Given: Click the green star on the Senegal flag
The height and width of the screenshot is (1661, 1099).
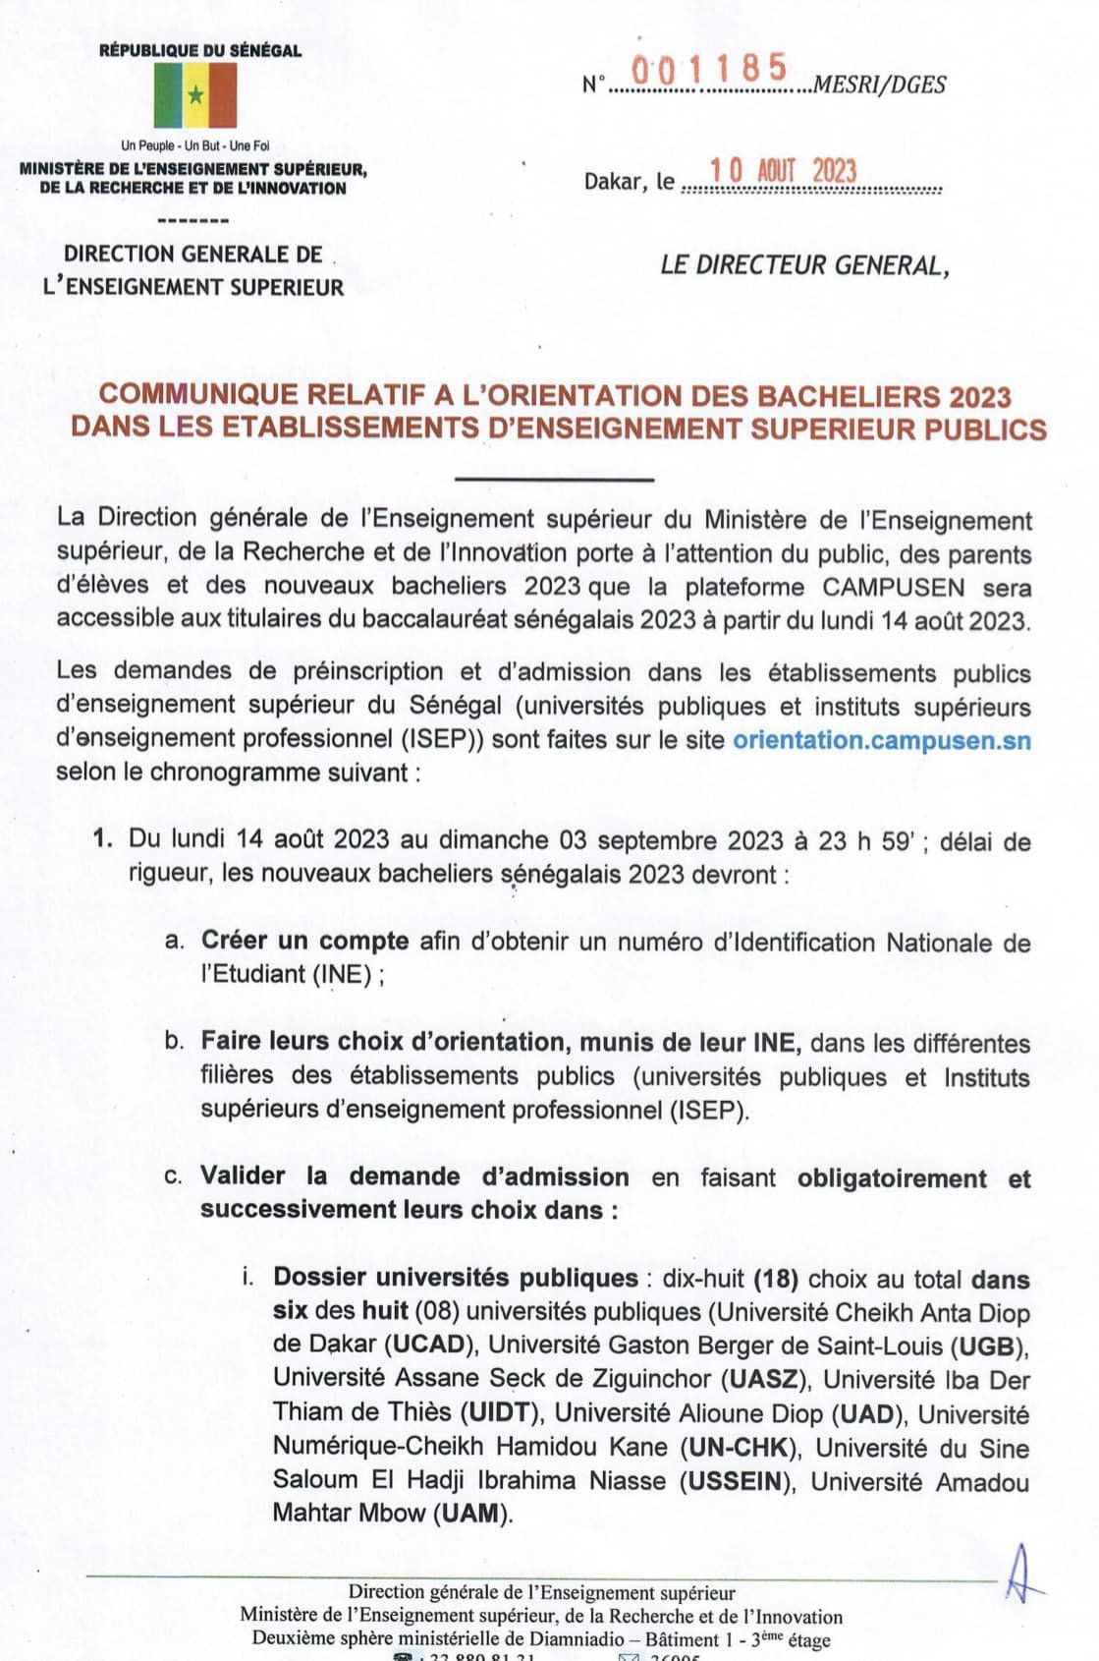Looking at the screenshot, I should point(195,94).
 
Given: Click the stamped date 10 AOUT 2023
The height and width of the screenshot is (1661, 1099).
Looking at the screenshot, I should point(784,171).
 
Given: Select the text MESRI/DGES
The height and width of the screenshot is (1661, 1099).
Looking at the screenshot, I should point(880,86).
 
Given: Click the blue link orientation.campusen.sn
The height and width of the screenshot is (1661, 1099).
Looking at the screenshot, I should point(882,739).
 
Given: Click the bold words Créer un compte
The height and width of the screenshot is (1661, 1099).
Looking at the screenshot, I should point(304,941).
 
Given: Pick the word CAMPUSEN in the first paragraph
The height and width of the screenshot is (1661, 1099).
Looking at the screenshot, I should point(894,587).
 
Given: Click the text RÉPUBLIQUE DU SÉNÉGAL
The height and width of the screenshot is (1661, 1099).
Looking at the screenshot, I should point(200,50).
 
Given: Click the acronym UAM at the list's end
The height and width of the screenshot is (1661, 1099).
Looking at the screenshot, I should point(471,1514).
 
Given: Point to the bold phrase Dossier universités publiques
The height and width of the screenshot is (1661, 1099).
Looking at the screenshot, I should point(456,1278).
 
